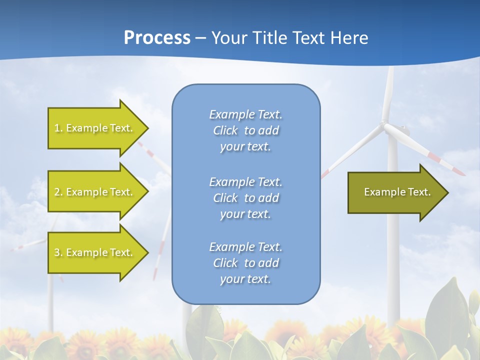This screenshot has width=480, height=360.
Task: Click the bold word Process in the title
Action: click(157, 38)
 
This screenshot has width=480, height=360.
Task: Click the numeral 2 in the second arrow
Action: click(57, 192)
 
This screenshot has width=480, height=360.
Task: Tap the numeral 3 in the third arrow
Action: click(57, 252)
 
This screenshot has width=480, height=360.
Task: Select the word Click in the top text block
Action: click(225, 131)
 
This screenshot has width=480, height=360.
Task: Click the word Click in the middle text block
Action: click(225, 198)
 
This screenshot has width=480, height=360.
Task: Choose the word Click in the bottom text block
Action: click(225, 263)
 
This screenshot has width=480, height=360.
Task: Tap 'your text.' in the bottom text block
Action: click(245, 279)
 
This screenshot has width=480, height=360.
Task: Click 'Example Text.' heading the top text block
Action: click(245, 114)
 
